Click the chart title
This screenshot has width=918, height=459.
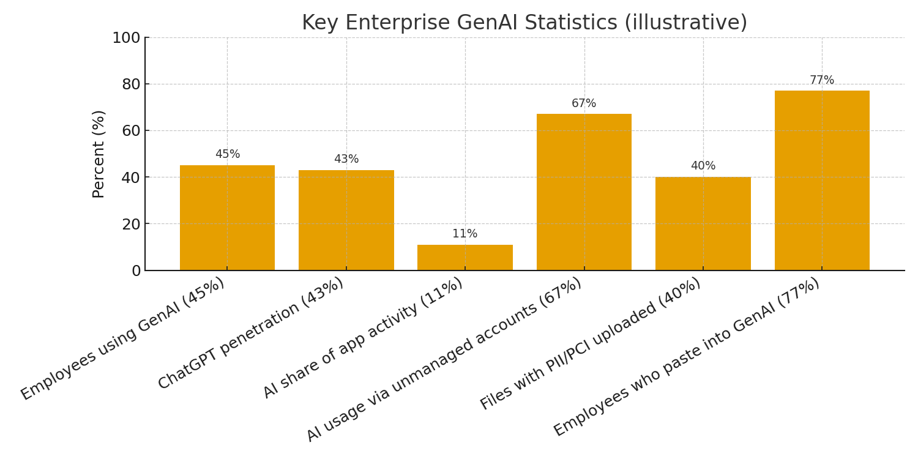(x=524, y=23)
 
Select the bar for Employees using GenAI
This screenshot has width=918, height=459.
(x=227, y=218)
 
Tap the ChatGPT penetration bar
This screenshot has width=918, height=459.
(x=346, y=220)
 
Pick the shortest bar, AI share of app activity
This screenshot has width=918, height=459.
(x=465, y=258)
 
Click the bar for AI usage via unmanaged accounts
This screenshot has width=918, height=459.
(x=584, y=192)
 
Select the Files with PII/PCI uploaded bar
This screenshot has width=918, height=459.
(x=703, y=223)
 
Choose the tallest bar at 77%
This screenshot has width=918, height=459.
(x=822, y=181)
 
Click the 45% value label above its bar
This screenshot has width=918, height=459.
(x=227, y=154)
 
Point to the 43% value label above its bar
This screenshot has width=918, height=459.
(x=346, y=159)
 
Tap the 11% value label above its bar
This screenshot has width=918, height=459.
(x=465, y=234)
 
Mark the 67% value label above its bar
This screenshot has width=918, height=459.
(x=584, y=103)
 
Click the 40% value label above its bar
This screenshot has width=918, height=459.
(x=703, y=166)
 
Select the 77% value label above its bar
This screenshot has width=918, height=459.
(x=822, y=80)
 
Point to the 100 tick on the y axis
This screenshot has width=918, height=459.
(x=126, y=38)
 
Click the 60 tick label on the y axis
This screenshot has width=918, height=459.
(x=131, y=130)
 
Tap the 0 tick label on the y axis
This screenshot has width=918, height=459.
(x=136, y=271)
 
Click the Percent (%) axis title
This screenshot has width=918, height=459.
(x=99, y=154)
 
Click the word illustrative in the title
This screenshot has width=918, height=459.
(x=685, y=23)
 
